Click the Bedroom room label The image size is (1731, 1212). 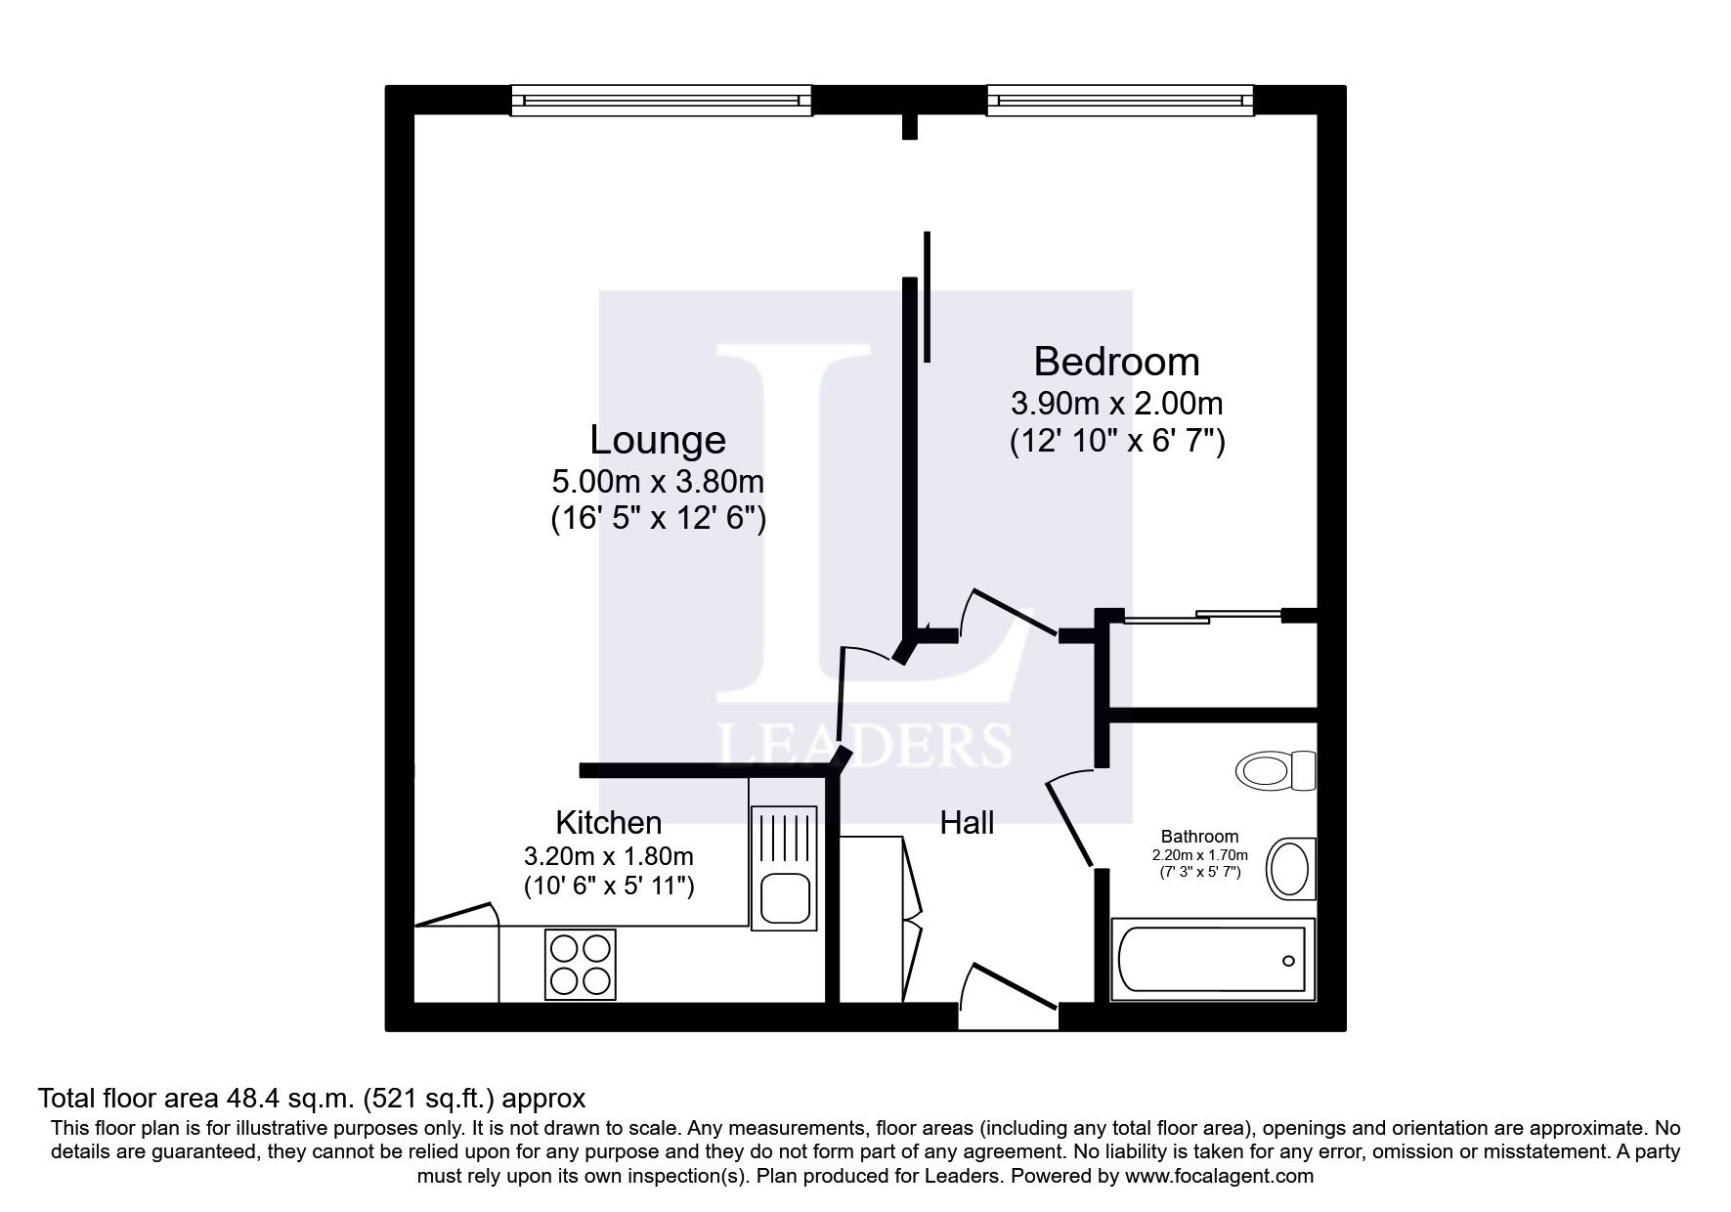pyautogui.click(x=1116, y=362)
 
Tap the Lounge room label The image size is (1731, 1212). pyautogui.click(x=657, y=440)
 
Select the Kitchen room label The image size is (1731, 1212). pyautogui.click(x=608, y=822)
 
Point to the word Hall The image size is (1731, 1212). pyautogui.click(x=967, y=823)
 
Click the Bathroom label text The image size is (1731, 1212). pyautogui.click(x=1199, y=837)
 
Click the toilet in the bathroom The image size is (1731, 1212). pyautogui.click(x=1276, y=770)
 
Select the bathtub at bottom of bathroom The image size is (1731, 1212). pyautogui.click(x=1212, y=960)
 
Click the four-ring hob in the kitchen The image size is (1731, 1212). pyautogui.click(x=581, y=964)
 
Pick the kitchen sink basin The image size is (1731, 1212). pyautogui.click(x=784, y=897)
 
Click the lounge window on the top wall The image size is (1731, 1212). pyautogui.click(x=662, y=100)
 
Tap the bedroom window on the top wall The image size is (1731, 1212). pyautogui.click(x=1119, y=100)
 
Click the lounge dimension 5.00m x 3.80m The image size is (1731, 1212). pyautogui.click(x=657, y=481)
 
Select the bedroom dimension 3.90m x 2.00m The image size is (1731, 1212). pyautogui.click(x=1116, y=403)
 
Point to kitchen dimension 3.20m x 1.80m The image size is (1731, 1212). pyautogui.click(x=608, y=857)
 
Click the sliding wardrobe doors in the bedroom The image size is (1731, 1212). pyautogui.click(x=1202, y=617)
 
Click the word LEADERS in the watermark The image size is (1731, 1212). pyautogui.click(x=864, y=746)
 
